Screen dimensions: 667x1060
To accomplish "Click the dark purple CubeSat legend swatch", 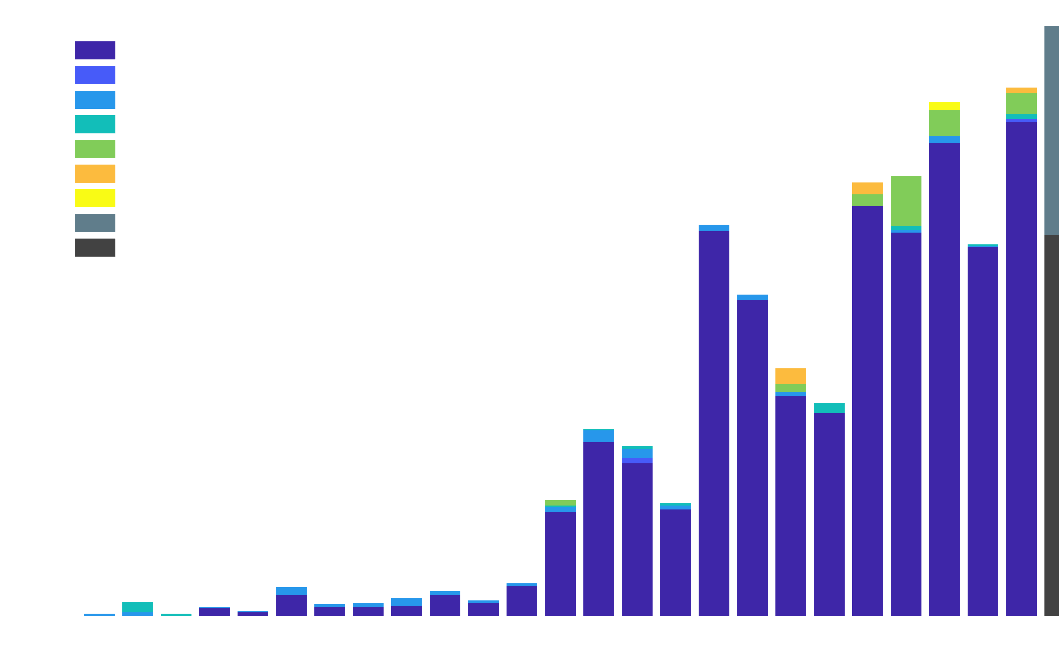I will pos(95,50).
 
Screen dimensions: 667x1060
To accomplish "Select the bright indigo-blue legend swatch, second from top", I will pos(95,75).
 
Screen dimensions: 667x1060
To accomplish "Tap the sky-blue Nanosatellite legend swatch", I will pos(95,99).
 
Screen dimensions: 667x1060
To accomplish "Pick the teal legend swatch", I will pos(95,124).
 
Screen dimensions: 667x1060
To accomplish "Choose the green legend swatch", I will pos(95,149).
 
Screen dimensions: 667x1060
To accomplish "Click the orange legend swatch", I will pos(95,173).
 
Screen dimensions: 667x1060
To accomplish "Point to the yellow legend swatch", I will pos(95,198).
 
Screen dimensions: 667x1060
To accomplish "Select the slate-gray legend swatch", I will pos(95,223).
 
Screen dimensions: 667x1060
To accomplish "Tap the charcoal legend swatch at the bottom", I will pos(95,247).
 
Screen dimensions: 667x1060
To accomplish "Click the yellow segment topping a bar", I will pos(944,106).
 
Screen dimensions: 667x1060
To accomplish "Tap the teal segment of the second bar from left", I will pos(137,607).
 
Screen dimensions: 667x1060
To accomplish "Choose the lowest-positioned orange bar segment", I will pos(791,376).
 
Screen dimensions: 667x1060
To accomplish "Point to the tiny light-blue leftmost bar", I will pos(99,615).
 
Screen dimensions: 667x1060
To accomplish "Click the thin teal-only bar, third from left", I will pos(176,615).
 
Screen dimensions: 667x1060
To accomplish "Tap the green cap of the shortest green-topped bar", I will pos(560,503).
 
